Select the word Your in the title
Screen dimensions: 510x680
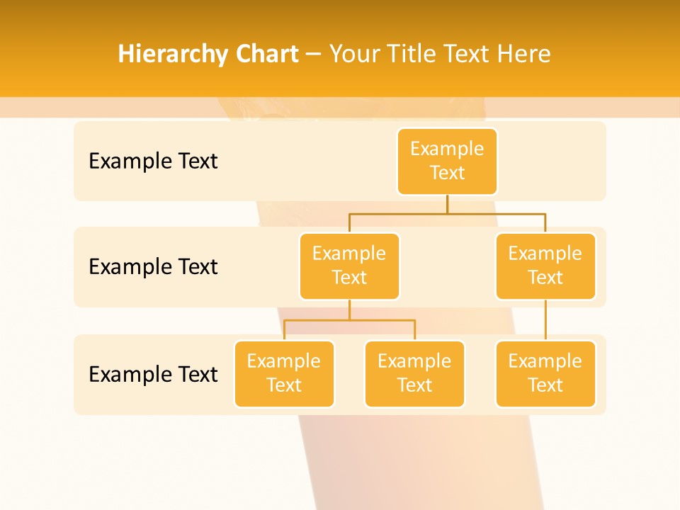[x=354, y=55]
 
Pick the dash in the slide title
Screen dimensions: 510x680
[x=314, y=55]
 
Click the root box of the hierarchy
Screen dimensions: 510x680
[x=447, y=161]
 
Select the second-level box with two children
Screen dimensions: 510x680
[x=349, y=266]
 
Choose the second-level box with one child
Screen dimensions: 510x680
[x=545, y=266]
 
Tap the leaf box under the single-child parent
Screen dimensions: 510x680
[x=545, y=373]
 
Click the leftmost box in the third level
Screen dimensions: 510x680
[x=284, y=373]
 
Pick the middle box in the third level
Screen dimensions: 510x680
[x=414, y=373]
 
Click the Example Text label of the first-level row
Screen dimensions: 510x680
[x=153, y=161]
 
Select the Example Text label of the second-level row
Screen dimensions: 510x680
[x=153, y=267]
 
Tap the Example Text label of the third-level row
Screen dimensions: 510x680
[x=153, y=374]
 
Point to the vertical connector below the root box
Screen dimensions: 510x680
[x=447, y=204]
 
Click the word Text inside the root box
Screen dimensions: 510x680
[x=447, y=173]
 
